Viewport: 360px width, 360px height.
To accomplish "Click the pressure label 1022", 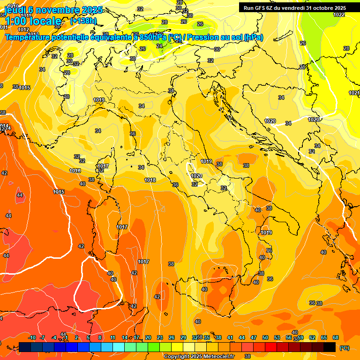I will tap(339, 15).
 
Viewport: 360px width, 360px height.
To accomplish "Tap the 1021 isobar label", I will tap(354, 93).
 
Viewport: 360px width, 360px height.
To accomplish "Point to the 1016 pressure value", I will tap(75, 171).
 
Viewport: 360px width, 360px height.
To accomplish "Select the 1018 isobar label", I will tap(150, 180).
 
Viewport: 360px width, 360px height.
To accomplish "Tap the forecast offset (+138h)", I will tap(83, 21).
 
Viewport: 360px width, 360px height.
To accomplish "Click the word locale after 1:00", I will tap(45, 21).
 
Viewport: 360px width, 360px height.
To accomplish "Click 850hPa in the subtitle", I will tap(153, 37).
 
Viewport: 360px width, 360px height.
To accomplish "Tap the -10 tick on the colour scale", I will tap(32, 337).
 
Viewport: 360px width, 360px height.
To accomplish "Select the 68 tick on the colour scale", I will tap(336, 337).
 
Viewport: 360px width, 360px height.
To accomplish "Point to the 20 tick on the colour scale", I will tap(148, 337).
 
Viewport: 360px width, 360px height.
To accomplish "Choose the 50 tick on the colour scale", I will tap(265, 337).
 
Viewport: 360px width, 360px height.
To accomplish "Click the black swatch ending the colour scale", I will tap(330, 347).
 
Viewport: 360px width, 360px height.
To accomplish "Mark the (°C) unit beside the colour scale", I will tap(345, 348).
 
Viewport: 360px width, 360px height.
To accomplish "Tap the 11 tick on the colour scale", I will tap(113, 337).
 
